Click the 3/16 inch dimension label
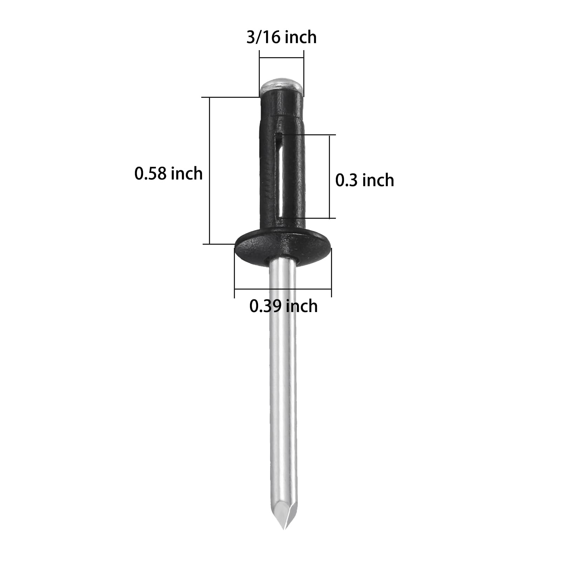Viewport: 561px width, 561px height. [x=281, y=37]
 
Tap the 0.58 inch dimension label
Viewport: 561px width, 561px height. [x=168, y=174]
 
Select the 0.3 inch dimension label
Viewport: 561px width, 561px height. [x=364, y=180]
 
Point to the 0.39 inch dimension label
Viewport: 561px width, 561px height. [x=283, y=306]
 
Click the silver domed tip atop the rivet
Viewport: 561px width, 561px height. [x=282, y=85]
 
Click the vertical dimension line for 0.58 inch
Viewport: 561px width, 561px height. [x=209, y=170]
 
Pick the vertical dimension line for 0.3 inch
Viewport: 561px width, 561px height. [x=329, y=176]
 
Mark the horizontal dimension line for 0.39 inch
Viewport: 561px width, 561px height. [x=283, y=289]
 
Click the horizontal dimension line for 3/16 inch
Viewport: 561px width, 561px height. [x=281, y=58]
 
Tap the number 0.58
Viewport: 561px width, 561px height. [x=149, y=174]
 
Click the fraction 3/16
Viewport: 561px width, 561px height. [x=262, y=37]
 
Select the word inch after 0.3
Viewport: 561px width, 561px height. [x=378, y=180]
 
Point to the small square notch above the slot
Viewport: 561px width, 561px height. [x=279, y=135]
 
